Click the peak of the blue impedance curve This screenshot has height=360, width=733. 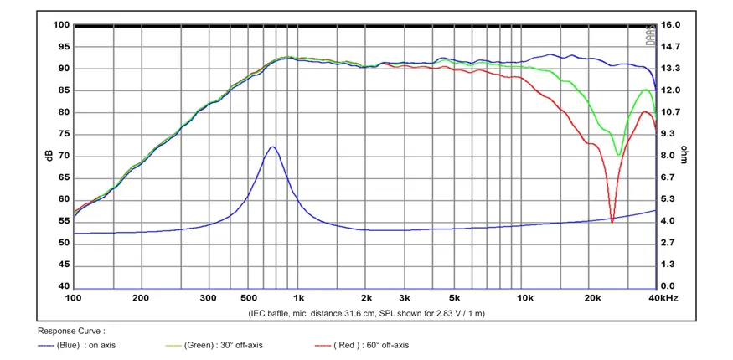tap(272, 147)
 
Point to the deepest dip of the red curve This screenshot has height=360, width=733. tap(612, 222)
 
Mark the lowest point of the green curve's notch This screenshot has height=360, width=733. tap(618, 155)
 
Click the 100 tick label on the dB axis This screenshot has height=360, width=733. tap(62, 25)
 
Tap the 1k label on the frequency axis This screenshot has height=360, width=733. tap(299, 298)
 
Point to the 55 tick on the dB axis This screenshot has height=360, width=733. tap(64, 221)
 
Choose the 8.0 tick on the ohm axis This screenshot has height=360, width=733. tap(670, 156)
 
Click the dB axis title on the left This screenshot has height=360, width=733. tap(49, 156)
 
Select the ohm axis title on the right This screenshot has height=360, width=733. tap(684, 154)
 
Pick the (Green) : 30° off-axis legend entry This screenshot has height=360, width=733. tap(214, 346)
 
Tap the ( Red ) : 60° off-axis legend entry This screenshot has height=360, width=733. tap(362, 346)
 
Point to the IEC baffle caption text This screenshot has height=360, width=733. tap(366, 314)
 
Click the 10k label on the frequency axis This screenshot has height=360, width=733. tap(525, 298)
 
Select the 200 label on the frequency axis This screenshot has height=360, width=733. tap(141, 298)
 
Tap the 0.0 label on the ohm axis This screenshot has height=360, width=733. tap(670, 286)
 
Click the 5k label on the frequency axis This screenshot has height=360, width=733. tap(453, 298)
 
